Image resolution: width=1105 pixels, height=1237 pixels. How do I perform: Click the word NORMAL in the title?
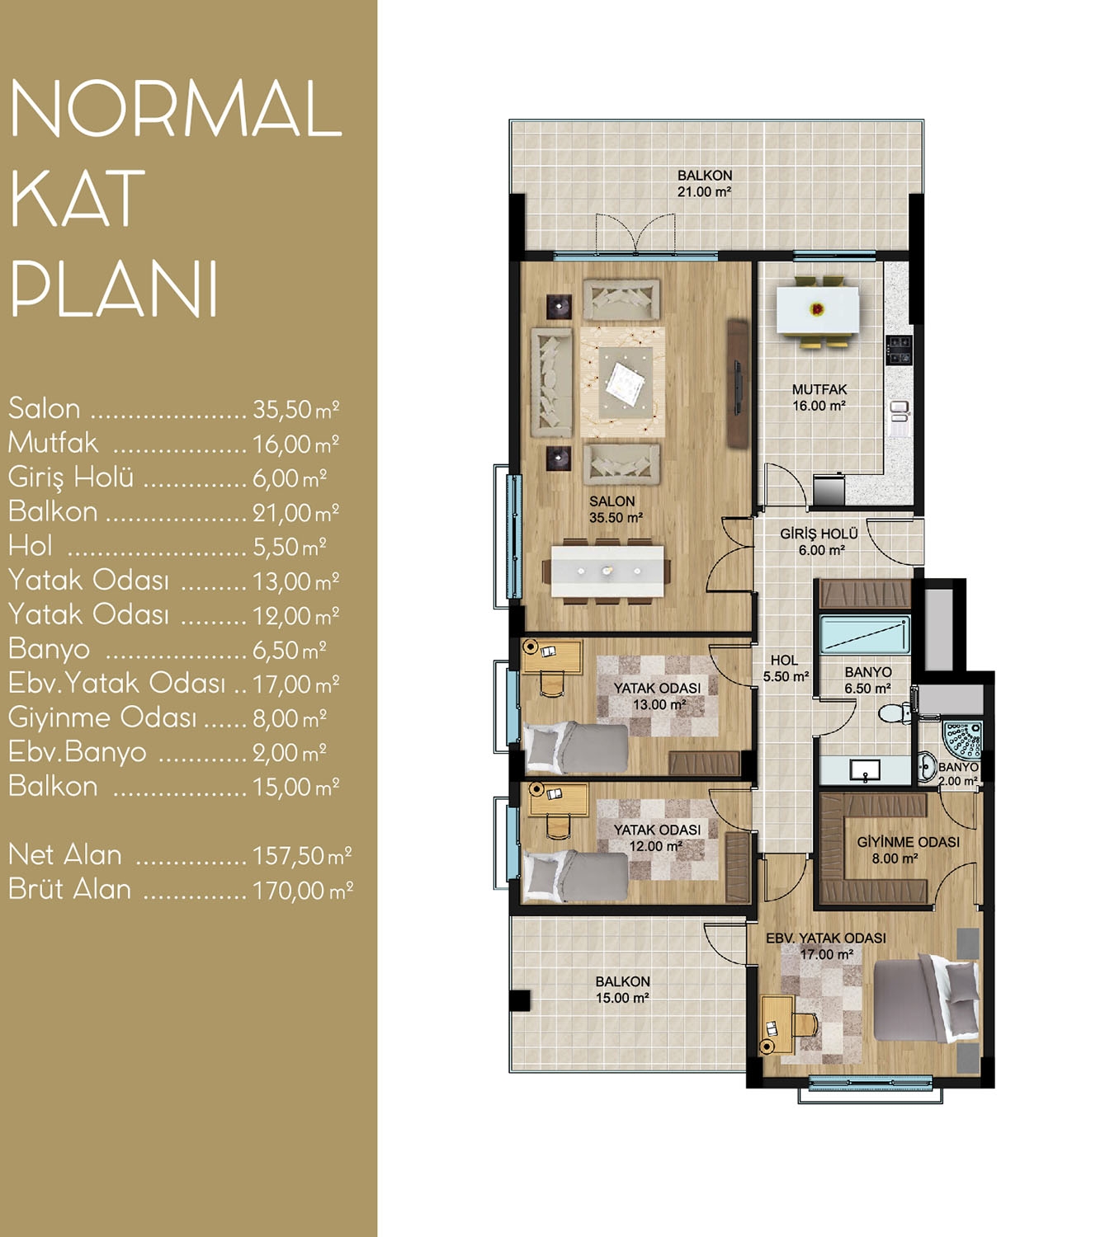pos(176,108)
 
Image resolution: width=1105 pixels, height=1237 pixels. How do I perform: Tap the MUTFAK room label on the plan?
pos(819,389)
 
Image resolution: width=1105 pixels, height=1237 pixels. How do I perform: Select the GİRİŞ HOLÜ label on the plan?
pos(819,534)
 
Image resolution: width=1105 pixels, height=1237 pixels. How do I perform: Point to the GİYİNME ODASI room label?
pos(909,842)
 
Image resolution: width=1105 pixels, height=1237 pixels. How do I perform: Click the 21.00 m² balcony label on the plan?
pos(704,191)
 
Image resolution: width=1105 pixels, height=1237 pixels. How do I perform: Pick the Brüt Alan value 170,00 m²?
pos(303,891)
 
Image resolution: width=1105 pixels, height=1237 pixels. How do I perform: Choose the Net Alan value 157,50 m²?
pos(302,856)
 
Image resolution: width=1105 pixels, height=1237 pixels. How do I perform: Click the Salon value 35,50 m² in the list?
pos(295,409)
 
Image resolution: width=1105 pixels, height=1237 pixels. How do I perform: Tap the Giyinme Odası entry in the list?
pos(102,718)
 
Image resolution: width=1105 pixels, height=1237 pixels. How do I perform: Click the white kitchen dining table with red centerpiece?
pos(817,309)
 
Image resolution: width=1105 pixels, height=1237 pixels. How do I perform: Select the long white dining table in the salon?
pos(607,571)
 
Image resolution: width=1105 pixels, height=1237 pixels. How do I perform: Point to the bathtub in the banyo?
pos(864,635)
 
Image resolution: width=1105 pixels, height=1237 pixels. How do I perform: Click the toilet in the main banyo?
pos(895,713)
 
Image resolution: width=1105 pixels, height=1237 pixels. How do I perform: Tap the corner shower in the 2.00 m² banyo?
pos(962,740)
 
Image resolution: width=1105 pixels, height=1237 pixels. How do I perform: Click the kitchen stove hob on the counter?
pos(899,350)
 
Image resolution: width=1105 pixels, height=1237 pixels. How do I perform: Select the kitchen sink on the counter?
pos(900,412)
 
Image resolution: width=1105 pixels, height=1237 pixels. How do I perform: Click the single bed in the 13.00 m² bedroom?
pos(576,747)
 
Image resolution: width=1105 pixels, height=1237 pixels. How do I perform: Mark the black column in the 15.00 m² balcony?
pos(520,999)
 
